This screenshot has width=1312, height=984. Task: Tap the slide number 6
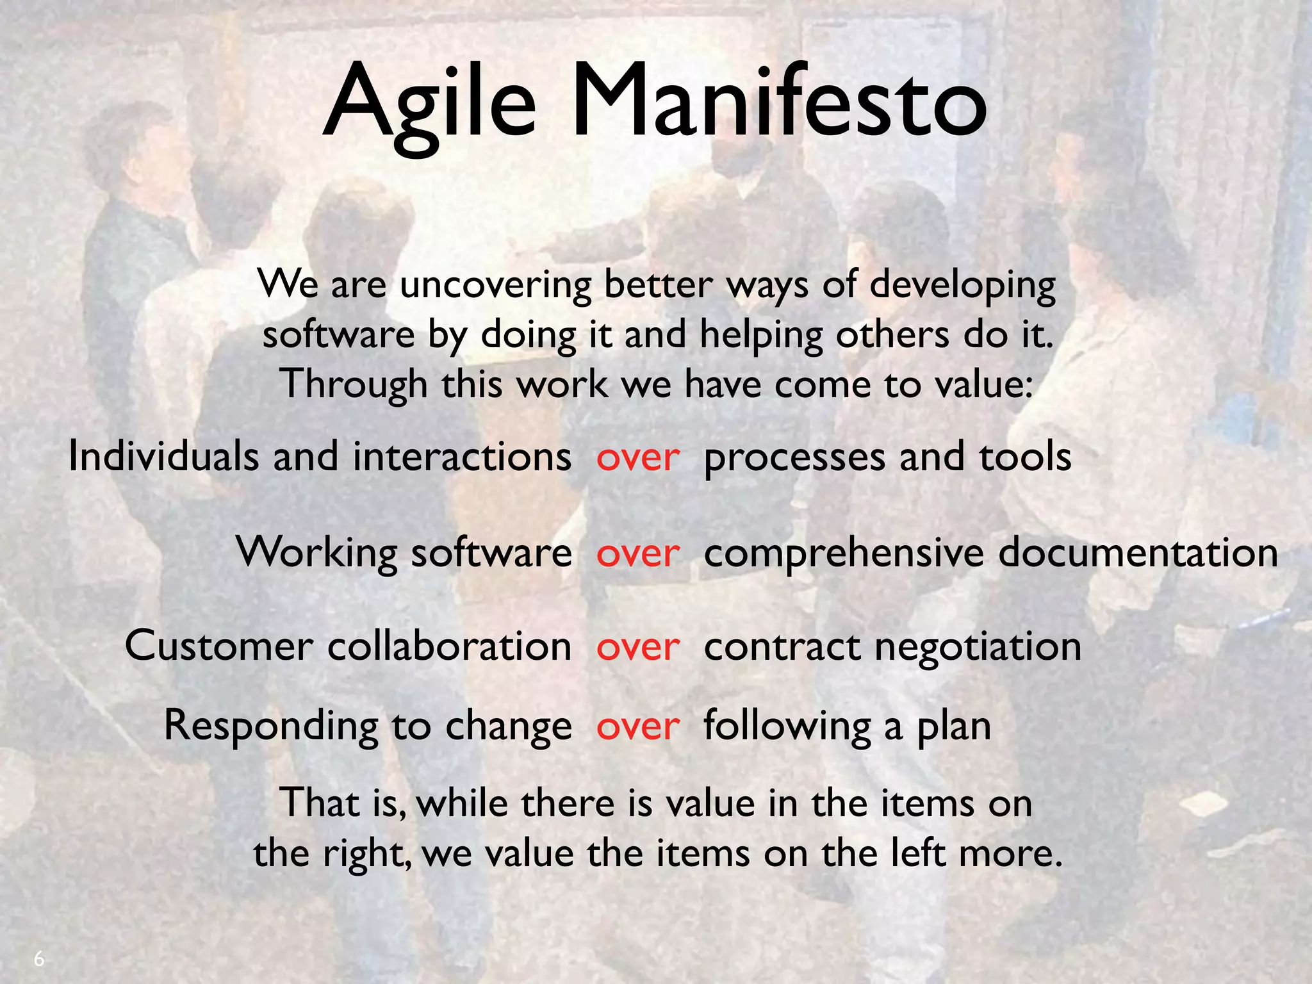point(39,959)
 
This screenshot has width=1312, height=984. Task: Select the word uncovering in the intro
point(495,285)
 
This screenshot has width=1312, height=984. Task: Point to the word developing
point(962,285)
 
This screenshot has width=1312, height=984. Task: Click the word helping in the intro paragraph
point(761,335)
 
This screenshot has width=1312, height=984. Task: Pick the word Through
point(354,385)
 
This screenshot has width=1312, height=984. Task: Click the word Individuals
point(163,457)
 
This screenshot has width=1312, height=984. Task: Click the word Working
point(316,552)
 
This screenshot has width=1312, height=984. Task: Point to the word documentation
point(1138,552)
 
